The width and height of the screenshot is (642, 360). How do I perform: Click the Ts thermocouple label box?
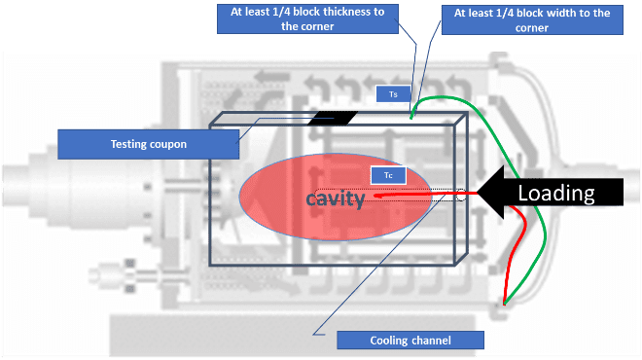coord(393,94)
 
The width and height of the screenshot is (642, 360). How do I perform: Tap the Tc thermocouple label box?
coord(388,175)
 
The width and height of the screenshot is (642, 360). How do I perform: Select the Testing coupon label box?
coord(148,144)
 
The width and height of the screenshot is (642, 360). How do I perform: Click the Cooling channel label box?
coord(410,341)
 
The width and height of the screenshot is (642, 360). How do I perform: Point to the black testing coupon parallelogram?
coord(333,118)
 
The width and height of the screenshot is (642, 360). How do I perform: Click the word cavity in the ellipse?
coord(336,199)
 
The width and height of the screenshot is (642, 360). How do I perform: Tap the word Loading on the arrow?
coord(556,193)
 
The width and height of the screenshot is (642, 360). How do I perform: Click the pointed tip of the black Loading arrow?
coord(478,193)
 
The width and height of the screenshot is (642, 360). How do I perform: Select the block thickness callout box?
coord(307,18)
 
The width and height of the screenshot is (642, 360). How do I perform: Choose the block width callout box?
coord(532,19)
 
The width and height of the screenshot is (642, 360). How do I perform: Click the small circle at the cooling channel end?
coord(461,196)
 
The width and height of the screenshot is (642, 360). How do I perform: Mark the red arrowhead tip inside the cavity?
coord(375,196)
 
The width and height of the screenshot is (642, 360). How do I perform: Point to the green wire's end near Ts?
coord(411,118)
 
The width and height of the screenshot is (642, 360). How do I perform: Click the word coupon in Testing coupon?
coord(168,145)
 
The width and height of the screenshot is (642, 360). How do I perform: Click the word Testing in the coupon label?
coord(128,145)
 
